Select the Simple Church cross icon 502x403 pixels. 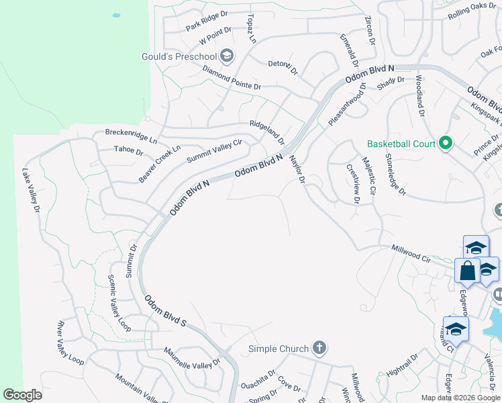tap(319, 348)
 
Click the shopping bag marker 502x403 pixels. tap(467, 271)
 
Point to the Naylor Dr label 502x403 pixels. tap(297, 171)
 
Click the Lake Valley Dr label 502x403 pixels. tap(31, 191)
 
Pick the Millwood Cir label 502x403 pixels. tap(411, 253)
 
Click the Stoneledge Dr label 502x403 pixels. tap(395, 174)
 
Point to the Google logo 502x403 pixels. tap(22, 395)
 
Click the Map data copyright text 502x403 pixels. tap(460, 398)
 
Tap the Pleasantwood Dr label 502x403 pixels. tap(348, 103)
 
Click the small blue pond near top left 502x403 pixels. tap(116, 14)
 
